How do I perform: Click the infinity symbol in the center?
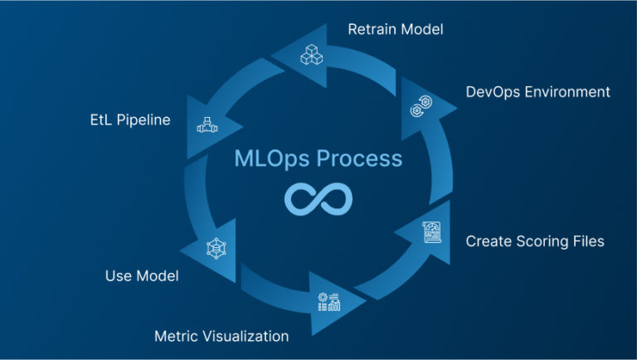(318, 199)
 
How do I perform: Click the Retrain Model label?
(396, 30)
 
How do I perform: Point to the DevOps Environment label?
(538, 91)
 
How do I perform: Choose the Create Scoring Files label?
(535, 241)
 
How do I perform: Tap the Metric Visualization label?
(221, 336)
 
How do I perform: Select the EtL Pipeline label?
(130, 120)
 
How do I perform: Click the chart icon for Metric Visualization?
(329, 302)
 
